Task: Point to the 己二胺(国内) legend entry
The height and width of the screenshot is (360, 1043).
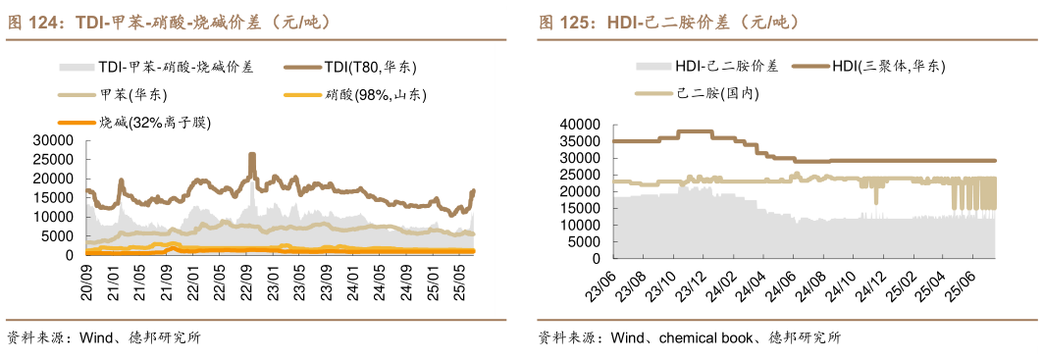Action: tap(717, 94)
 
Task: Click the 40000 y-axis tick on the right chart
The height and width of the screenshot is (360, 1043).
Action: tap(578, 125)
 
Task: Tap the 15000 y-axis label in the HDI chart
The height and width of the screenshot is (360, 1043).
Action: tap(578, 208)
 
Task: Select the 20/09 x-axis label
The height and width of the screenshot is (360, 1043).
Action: tap(87, 281)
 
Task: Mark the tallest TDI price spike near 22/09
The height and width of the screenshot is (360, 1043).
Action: tap(252, 155)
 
